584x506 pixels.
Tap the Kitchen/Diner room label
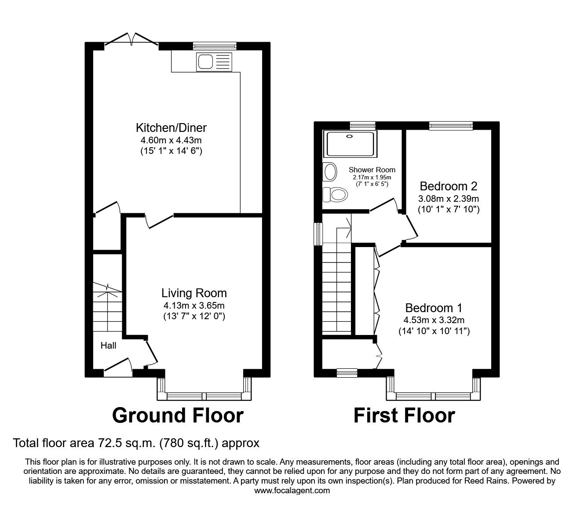pyautogui.click(x=171, y=128)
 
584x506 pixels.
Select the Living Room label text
pyautogui.click(x=194, y=293)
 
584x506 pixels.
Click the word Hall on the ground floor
pyautogui.click(x=108, y=346)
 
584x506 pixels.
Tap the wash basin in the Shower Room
pyautogui.click(x=329, y=172)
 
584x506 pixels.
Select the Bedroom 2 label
pyautogui.click(x=448, y=186)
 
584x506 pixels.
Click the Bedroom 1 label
pyautogui.click(x=434, y=308)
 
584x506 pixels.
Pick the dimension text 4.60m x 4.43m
pyautogui.click(x=171, y=140)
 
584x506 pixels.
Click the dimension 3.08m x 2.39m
pyautogui.click(x=448, y=198)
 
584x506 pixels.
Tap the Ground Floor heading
pyautogui.click(x=178, y=415)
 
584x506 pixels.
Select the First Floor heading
pyautogui.click(x=404, y=415)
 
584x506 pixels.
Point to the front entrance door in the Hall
pyautogui.click(x=118, y=367)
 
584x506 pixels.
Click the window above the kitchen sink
pyautogui.click(x=215, y=45)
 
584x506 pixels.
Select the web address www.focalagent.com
pyautogui.click(x=292, y=490)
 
